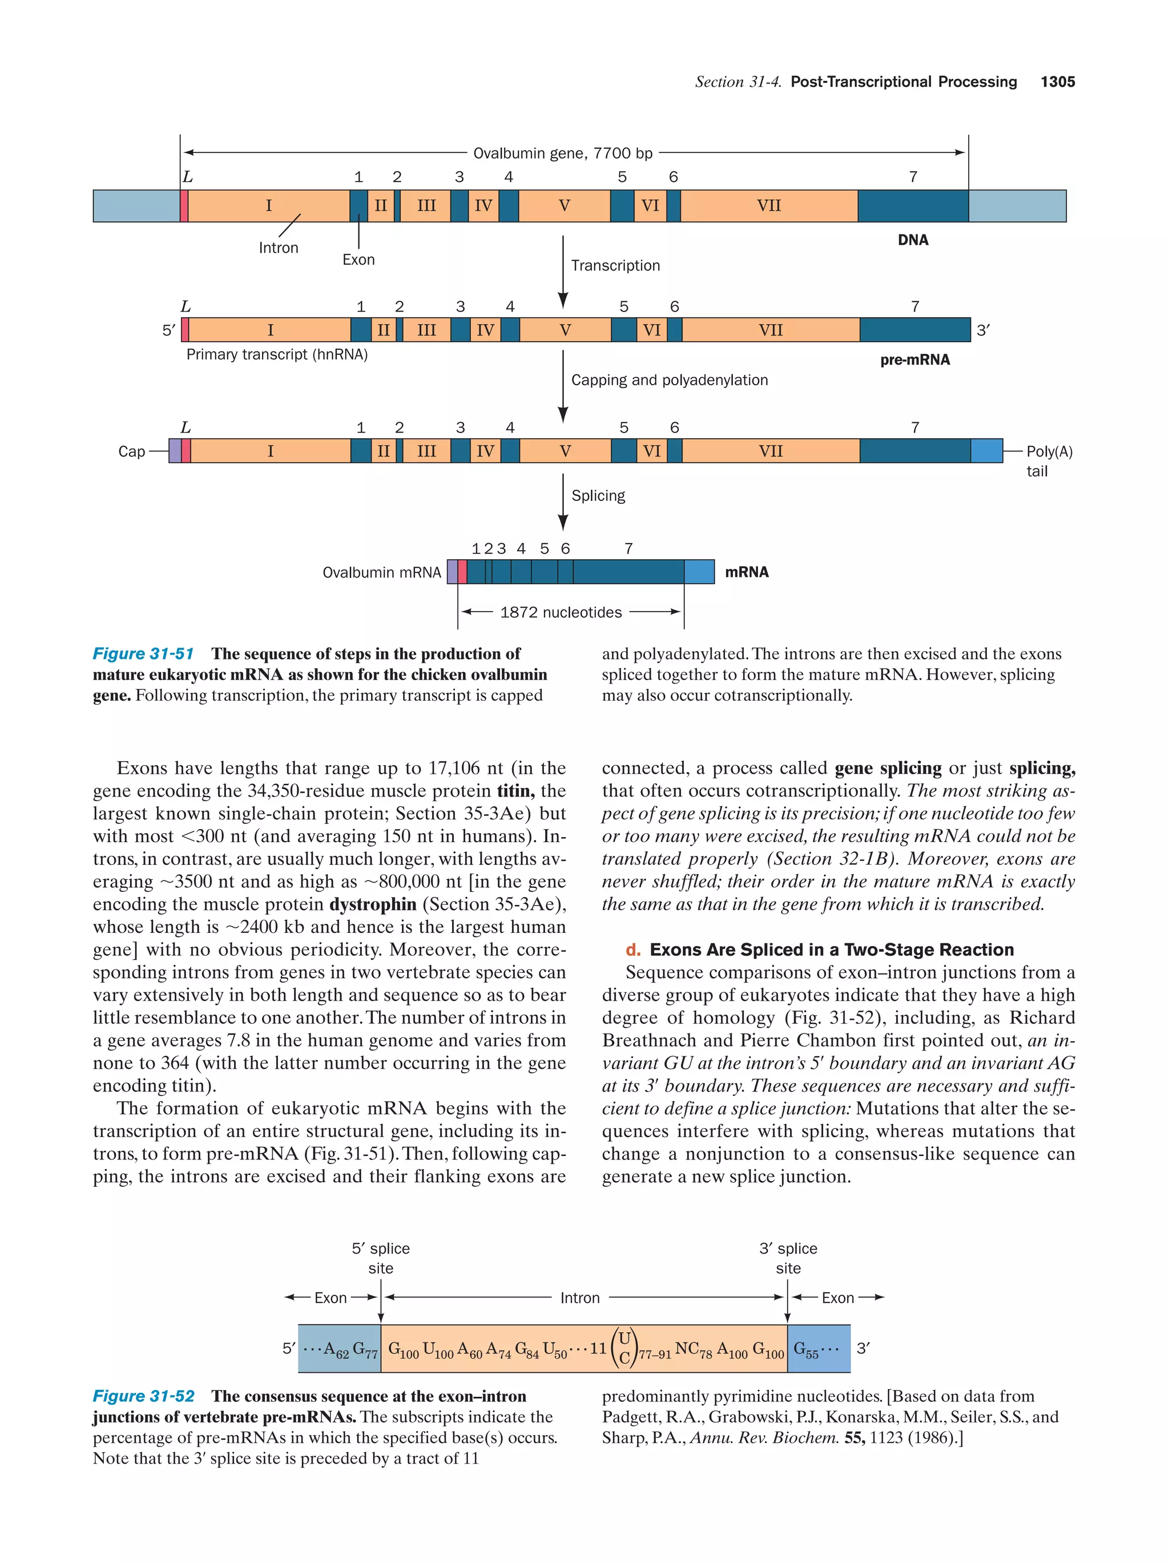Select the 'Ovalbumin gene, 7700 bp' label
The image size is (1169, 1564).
point(562,153)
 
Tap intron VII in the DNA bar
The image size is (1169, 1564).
point(768,206)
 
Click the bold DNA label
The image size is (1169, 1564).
point(912,240)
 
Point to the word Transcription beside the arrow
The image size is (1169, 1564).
point(615,266)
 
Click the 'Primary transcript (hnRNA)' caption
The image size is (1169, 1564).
point(276,355)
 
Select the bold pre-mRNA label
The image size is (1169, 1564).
point(914,360)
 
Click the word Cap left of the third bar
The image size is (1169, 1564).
point(131,452)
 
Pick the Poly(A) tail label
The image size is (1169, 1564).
point(1049,461)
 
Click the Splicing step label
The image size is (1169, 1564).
point(598,496)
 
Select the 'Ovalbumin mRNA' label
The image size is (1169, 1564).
point(381,573)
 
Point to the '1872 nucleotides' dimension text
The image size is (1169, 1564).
point(561,612)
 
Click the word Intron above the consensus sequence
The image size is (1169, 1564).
point(579,1298)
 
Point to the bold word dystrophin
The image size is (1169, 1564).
point(373,904)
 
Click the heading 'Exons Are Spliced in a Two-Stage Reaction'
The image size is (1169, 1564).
point(831,949)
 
